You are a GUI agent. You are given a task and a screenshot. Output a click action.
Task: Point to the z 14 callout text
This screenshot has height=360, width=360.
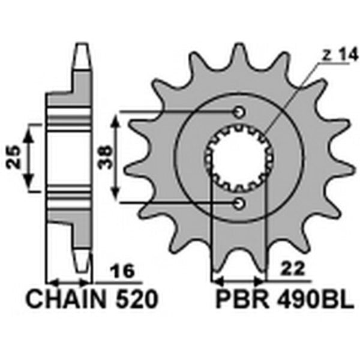tap(334, 53)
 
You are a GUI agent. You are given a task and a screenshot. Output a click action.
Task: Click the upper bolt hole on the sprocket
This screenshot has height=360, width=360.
tap(239, 112)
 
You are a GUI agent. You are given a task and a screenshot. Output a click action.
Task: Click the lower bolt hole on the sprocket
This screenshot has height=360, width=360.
tap(239, 204)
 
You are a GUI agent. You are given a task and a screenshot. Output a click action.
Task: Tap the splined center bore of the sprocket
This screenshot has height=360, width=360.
tap(239, 158)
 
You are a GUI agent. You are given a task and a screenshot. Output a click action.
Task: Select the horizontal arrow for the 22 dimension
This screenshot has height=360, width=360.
tap(239, 280)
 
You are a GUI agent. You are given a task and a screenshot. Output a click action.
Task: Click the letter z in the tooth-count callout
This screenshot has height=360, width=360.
tap(325, 53)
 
